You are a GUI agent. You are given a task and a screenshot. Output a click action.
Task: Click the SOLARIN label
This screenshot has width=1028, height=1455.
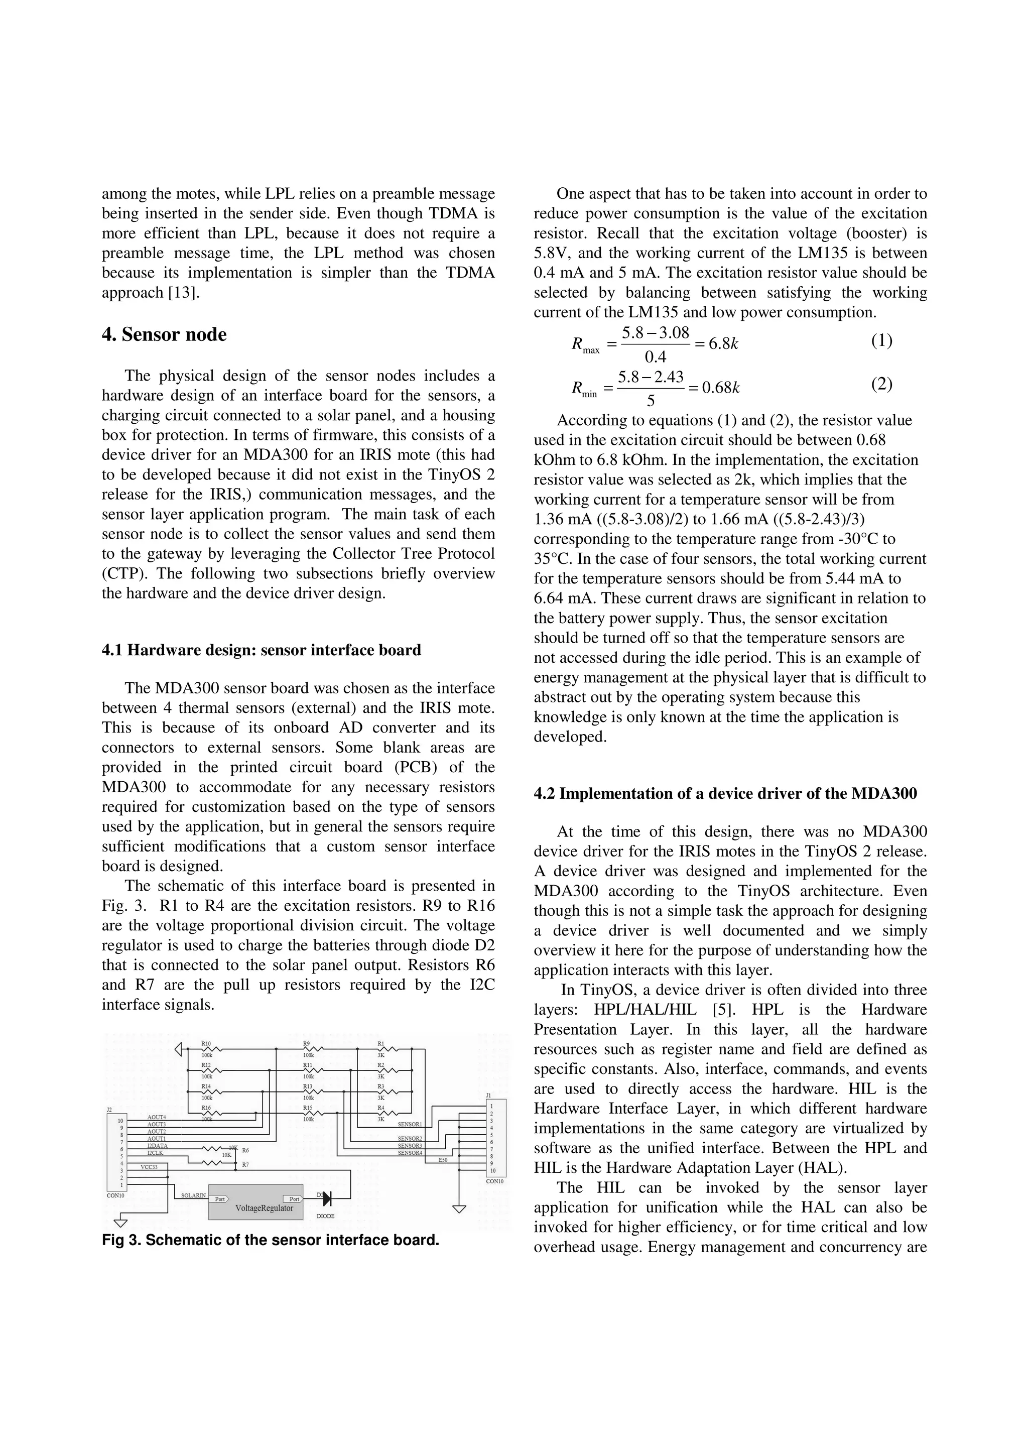[x=193, y=1195]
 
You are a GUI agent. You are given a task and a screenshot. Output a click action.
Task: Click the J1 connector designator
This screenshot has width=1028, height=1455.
[x=488, y=1095]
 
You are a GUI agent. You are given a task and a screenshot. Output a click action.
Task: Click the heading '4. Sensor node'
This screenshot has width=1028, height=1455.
[x=164, y=334]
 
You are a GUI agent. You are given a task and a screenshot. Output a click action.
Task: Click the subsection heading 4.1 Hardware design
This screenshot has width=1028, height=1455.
[x=261, y=650]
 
